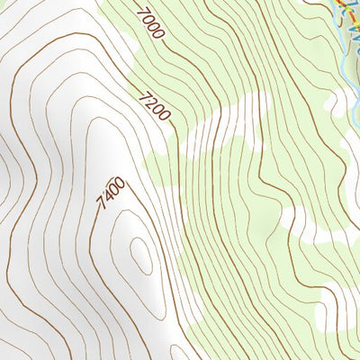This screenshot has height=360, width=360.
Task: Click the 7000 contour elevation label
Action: point(151,23)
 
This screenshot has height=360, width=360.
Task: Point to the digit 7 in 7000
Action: point(142,12)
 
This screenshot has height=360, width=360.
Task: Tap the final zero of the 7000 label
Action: point(160,35)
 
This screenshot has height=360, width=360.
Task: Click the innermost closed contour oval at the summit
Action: point(141,256)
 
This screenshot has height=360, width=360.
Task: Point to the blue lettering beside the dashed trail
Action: point(353,36)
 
